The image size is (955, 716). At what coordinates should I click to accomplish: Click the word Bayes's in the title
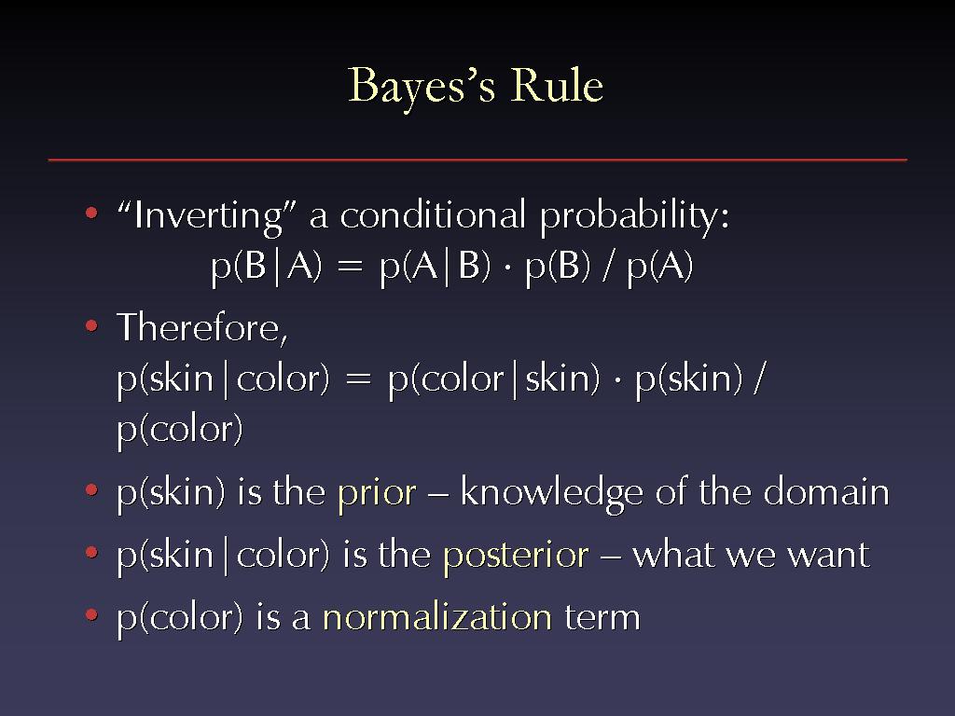click(x=421, y=87)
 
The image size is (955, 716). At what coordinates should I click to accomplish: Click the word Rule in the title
click(x=557, y=85)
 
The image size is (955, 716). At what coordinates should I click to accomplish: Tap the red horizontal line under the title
click(x=477, y=160)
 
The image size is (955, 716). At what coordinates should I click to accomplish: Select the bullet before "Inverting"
click(x=91, y=213)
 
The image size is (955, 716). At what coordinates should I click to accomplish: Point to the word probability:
click(x=634, y=216)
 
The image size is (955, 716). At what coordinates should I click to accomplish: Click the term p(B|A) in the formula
click(x=266, y=268)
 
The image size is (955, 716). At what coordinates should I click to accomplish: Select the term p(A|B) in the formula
click(x=435, y=268)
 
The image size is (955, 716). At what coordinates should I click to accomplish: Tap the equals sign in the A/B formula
click(x=351, y=268)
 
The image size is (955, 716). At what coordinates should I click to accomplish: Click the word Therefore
click(x=201, y=327)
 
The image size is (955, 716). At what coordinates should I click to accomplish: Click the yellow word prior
click(x=377, y=494)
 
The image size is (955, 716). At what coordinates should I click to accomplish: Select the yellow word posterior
click(x=516, y=557)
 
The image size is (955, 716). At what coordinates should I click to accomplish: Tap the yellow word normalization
click(x=437, y=617)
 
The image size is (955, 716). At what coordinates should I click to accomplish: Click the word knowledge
click(x=552, y=492)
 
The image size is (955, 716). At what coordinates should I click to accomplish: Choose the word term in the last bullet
click(x=602, y=618)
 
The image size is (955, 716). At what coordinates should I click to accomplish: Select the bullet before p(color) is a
click(x=91, y=615)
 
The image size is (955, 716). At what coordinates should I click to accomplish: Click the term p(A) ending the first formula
click(x=660, y=268)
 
